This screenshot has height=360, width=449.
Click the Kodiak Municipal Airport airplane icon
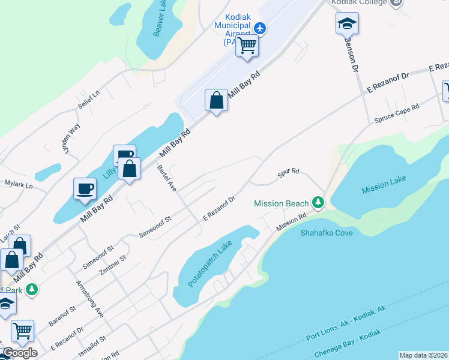coord(260,28)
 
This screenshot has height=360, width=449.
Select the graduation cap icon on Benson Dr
coord(347,23)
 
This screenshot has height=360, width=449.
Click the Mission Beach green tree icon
coord(318,203)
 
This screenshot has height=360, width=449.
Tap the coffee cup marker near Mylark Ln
coord(85,188)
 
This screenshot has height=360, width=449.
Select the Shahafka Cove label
coord(327,232)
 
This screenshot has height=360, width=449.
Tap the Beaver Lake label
coord(160,19)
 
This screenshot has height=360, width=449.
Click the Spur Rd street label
coord(288,173)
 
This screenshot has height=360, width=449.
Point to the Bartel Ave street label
coord(166,178)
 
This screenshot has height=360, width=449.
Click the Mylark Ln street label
coord(18,184)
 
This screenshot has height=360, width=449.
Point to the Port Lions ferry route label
coord(345,323)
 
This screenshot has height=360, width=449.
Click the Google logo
coord(20,352)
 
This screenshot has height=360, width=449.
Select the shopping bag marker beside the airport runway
coord(216,101)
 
